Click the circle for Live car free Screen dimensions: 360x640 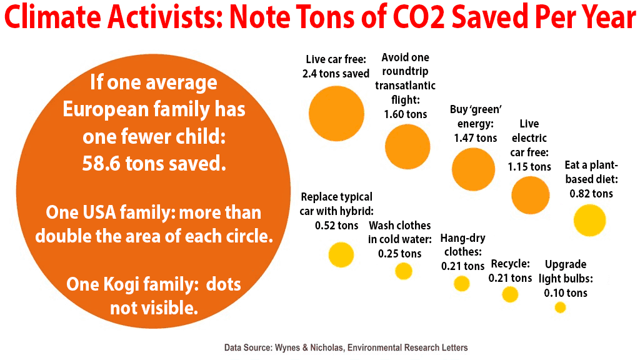(x=336, y=113)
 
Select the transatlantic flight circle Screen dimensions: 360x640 (x=407, y=147)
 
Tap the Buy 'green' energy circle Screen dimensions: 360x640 (x=474, y=169)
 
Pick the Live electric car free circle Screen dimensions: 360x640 (x=531, y=195)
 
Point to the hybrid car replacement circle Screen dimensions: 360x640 (x=341, y=254)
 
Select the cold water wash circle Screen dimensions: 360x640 (x=404, y=271)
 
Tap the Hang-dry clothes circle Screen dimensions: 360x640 (x=462, y=284)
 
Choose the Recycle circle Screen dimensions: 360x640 (x=510, y=294)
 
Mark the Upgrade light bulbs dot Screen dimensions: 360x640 (x=560, y=307)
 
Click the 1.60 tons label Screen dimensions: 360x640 (x=406, y=114)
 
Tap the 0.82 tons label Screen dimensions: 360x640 (x=591, y=193)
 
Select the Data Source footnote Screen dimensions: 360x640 (x=346, y=347)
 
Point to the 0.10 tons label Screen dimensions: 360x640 (x=566, y=292)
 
